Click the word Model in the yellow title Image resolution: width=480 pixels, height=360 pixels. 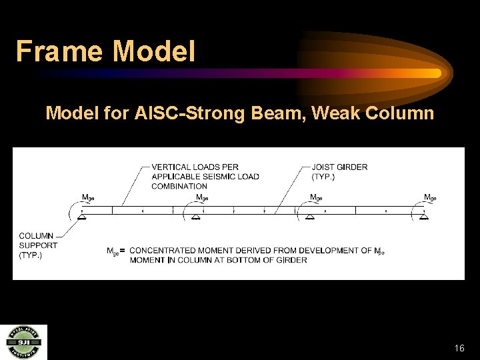[x=155, y=51]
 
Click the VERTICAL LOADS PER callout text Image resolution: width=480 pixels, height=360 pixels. [x=195, y=167]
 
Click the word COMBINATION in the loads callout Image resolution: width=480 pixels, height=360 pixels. [x=179, y=186]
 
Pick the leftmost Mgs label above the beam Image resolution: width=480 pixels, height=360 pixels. [x=88, y=197]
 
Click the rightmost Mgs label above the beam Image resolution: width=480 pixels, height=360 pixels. [x=431, y=197]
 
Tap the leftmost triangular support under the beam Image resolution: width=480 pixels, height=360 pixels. [x=82, y=216]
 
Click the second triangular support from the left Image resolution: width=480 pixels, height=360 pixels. [x=196, y=216]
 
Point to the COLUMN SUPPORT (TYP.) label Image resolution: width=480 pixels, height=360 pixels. [x=38, y=245]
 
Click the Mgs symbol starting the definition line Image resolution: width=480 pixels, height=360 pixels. [x=113, y=251]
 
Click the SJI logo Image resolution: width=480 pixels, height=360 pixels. [x=23, y=341]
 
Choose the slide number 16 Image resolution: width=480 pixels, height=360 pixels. [x=459, y=348]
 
